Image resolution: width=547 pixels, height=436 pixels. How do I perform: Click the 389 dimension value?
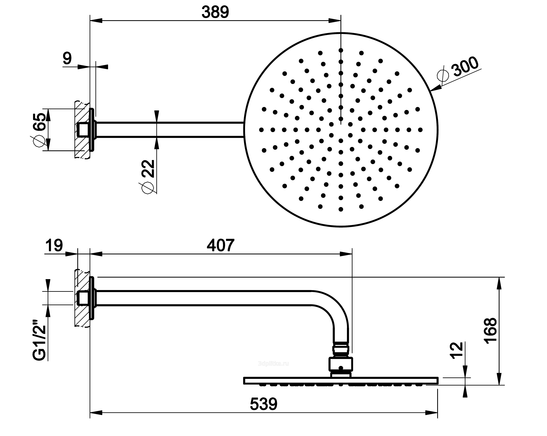coord(215,12)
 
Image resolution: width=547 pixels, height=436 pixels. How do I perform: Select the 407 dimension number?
coord(220,245)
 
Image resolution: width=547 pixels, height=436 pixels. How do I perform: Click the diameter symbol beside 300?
coord(443,75)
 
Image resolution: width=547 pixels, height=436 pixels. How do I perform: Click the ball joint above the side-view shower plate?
coord(341,364)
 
